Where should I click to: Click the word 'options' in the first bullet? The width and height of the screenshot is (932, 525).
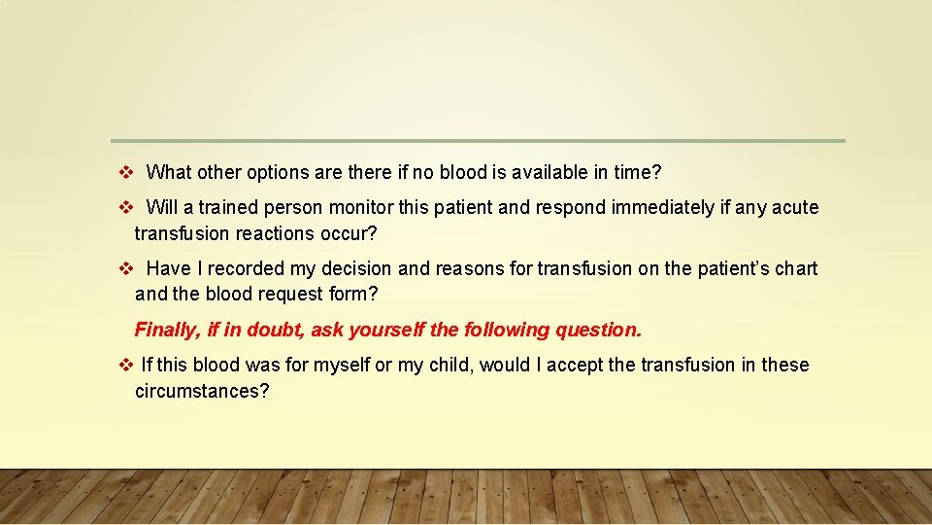(x=276, y=173)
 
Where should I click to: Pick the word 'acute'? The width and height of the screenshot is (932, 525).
(x=794, y=208)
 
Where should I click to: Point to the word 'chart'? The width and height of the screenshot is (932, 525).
(x=795, y=268)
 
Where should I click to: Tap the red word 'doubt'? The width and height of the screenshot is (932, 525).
(x=276, y=330)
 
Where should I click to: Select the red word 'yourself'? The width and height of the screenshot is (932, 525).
(x=386, y=330)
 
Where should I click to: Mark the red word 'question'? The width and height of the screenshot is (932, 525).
(x=599, y=330)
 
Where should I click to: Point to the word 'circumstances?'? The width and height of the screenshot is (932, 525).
(x=202, y=391)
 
